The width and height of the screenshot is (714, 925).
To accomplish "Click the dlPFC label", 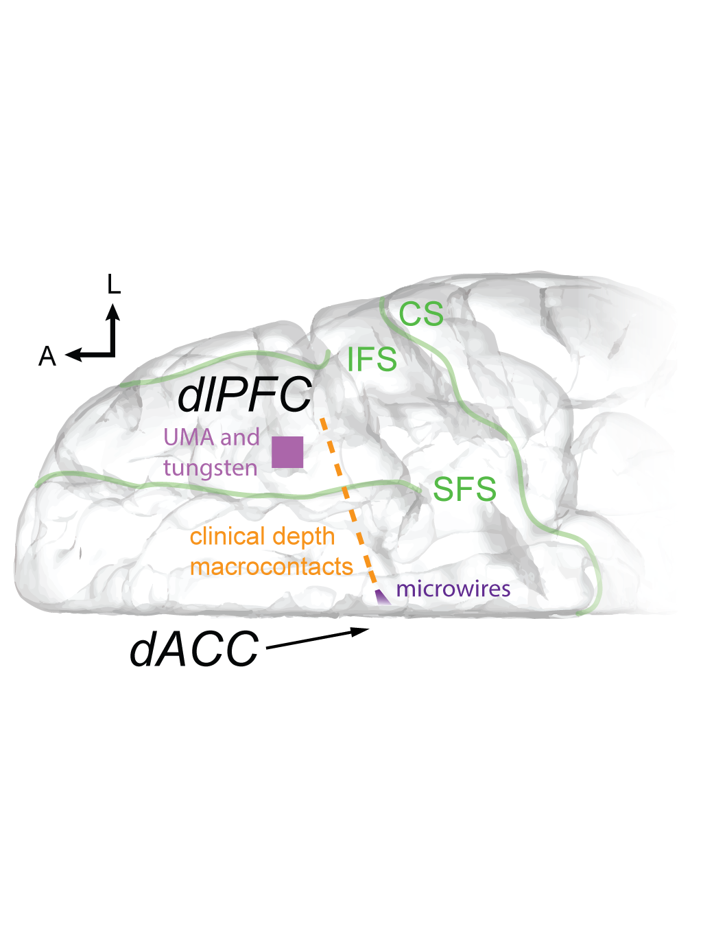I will (245, 395).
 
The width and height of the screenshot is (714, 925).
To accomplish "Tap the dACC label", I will (194, 648).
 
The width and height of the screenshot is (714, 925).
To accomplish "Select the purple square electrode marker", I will (287, 452).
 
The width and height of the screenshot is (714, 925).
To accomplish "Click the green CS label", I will (421, 314).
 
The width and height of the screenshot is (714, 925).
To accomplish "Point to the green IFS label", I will (372, 360).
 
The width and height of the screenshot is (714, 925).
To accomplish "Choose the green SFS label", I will (464, 489).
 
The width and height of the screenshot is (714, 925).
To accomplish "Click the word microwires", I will (453, 589).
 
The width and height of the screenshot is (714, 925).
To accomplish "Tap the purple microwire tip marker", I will (381, 597).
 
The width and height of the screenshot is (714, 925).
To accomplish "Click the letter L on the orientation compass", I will (114, 284).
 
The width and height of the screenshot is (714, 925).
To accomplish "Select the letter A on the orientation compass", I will (47, 357).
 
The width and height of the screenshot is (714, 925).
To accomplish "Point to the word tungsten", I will (210, 469).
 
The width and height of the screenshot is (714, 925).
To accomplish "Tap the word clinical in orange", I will (227, 536).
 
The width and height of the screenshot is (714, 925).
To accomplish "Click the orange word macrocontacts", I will (271, 567).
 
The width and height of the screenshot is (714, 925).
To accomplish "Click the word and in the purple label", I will (239, 437).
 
